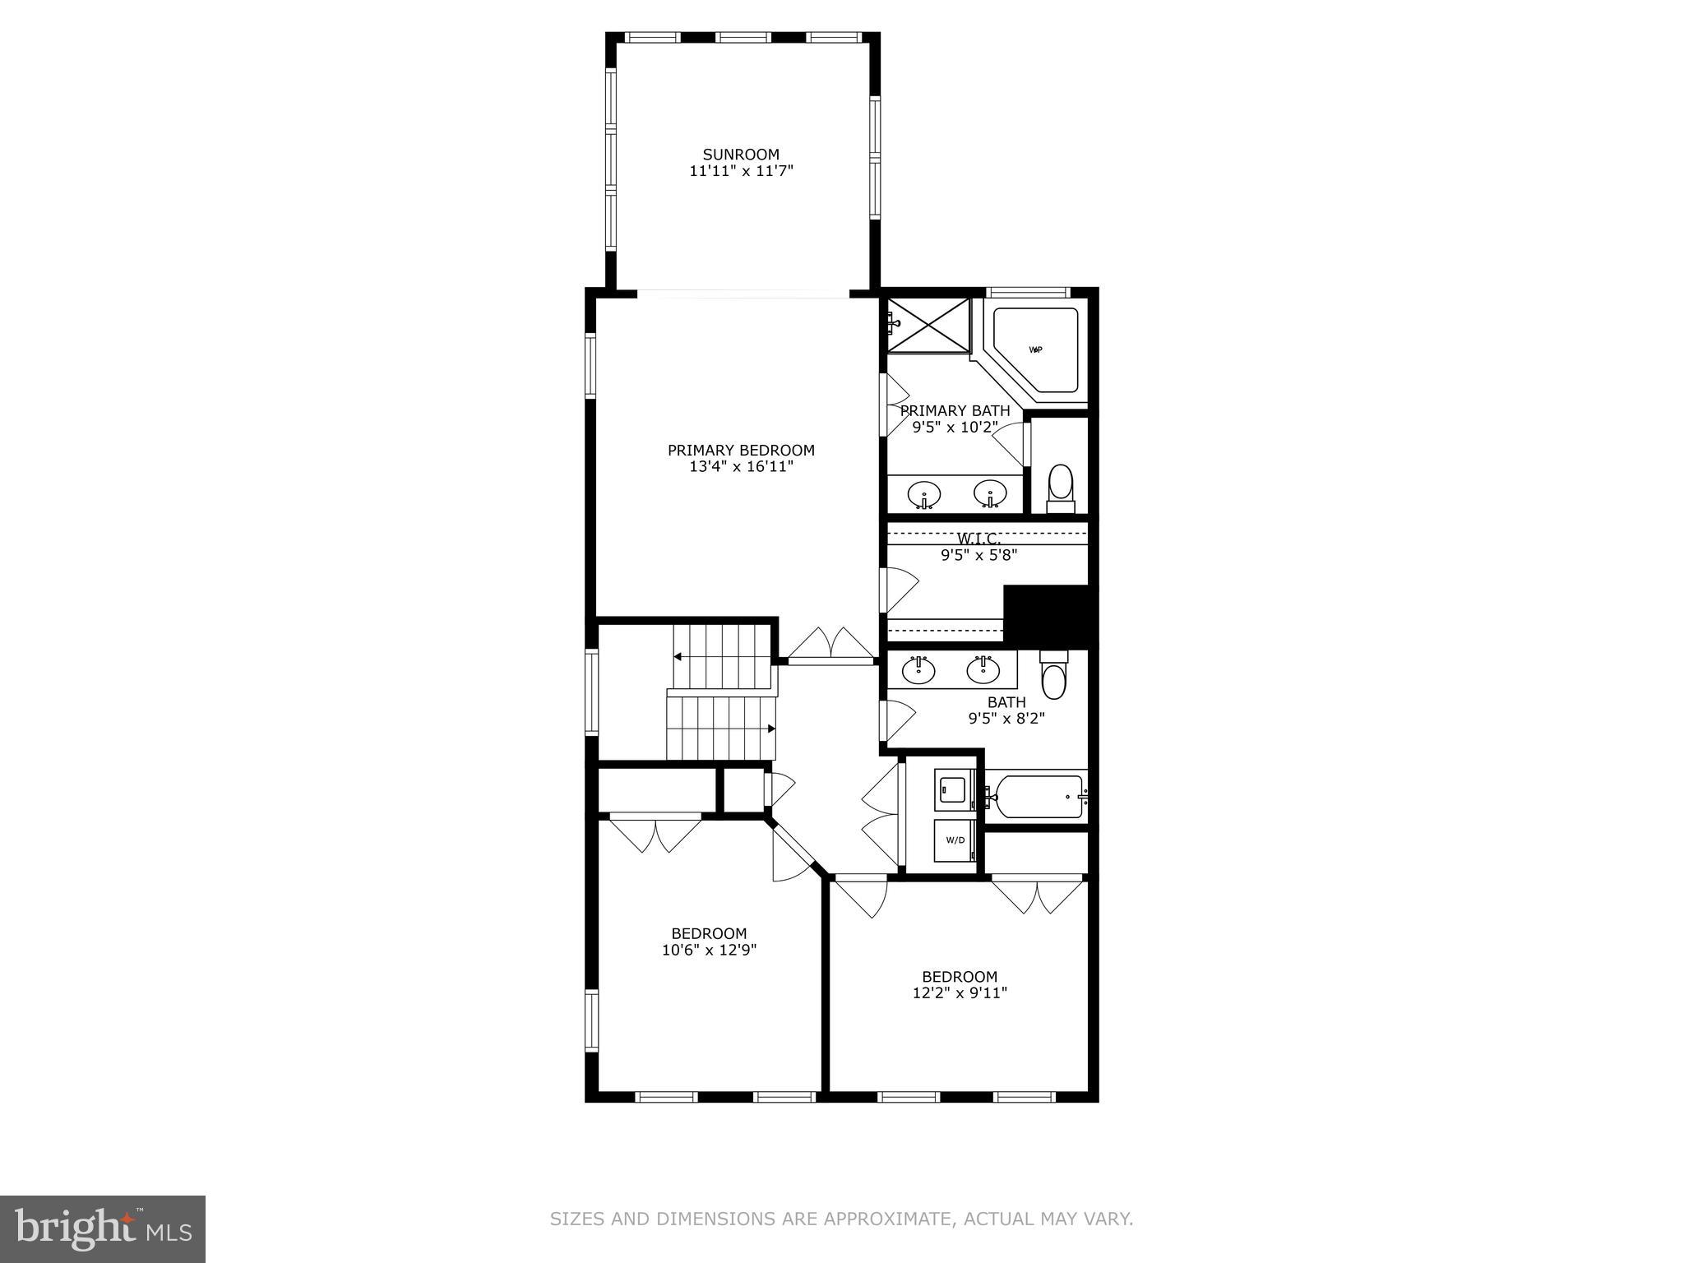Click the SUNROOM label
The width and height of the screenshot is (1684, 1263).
point(741,155)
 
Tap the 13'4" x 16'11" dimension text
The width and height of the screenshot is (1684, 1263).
point(741,467)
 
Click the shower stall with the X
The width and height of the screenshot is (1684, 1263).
point(928,326)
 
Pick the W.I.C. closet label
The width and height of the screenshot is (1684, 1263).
point(978,539)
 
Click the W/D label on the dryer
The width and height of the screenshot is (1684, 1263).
point(955,840)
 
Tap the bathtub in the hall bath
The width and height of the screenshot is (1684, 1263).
point(1036,796)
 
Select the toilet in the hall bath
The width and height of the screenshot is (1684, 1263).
point(1053,674)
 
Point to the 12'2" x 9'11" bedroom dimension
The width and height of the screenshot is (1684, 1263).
point(960,993)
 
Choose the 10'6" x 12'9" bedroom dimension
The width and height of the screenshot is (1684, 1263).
point(709,951)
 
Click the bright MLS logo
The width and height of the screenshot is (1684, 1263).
point(103,1229)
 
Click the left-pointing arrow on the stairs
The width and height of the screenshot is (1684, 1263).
point(678,657)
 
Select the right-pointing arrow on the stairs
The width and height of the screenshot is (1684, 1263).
point(771,729)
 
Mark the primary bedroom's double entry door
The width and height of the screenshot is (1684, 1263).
point(830,646)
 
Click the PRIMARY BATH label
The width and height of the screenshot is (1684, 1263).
point(955,410)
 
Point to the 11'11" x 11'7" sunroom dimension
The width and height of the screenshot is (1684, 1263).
point(741,172)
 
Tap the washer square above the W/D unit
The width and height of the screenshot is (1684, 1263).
point(954,790)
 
